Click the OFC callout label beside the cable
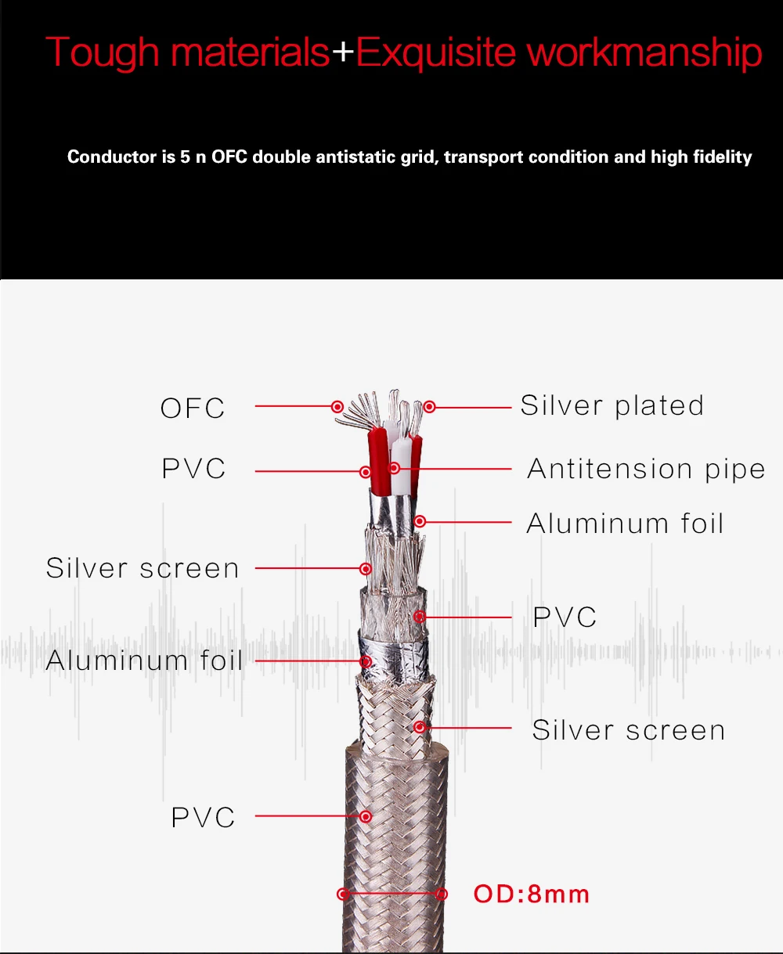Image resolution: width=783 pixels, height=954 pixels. tap(193, 408)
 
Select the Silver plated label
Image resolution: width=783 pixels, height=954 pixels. tap(612, 405)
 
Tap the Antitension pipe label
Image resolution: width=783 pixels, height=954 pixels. tap(646, 469)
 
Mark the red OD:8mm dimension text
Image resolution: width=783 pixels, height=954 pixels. tap(532, 894)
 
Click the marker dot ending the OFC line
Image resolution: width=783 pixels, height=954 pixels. tap(337, 407)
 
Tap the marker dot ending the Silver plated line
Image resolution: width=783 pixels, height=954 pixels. tap(429, 407)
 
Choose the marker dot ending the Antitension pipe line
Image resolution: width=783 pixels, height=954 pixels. tap(395, 468)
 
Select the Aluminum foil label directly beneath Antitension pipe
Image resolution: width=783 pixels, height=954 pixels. tap(625, 523)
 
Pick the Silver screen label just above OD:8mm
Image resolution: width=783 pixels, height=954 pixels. tap(628, 730)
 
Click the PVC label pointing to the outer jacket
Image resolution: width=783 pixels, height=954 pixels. tap(203, 818)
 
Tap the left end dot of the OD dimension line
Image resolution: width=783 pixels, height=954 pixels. tap(342, 894)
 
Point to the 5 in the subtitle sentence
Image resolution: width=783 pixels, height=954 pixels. tap(185, 157)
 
